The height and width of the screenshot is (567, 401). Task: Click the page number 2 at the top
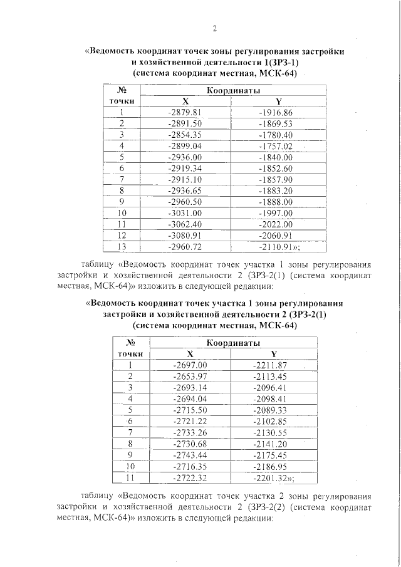(214, 28)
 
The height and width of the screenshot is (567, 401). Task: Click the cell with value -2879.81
(185, 113)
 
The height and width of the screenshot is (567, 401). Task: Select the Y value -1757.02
(276, 146)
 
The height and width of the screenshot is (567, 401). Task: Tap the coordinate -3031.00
(185, 213)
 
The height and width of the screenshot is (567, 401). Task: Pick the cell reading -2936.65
(185, 190)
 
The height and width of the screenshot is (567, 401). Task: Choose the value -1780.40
(276, 135)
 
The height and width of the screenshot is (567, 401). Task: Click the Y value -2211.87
(269, 365)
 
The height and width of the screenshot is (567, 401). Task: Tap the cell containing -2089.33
(269, 410)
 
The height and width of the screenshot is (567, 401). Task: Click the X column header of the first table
(185, 101)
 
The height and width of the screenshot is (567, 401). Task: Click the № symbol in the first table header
(123, 90)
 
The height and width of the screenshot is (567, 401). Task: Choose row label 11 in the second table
(130, 477)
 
